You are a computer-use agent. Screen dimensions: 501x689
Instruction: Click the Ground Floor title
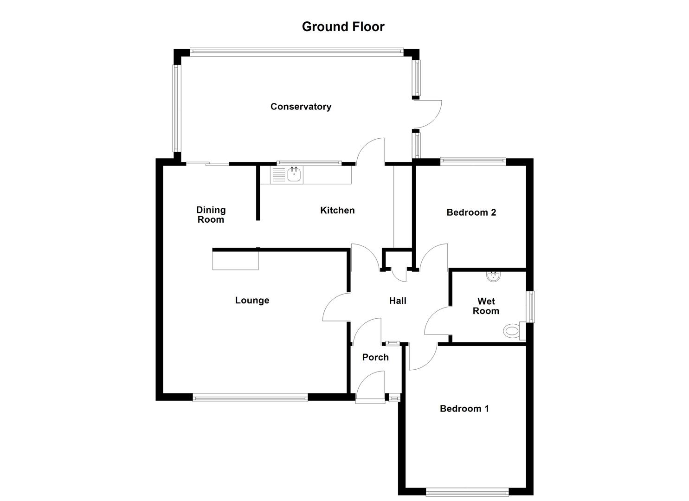coord(343,26)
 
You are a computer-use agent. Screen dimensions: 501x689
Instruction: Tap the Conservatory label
coord(301,107)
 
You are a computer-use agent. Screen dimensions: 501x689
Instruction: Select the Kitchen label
coord(337,210)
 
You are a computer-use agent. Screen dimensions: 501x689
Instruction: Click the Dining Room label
coord(211,215)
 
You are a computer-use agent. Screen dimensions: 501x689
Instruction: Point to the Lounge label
coord(252,300)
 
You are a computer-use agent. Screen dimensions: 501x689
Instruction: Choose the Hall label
coord(398,301)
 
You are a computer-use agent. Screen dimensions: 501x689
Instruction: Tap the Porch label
coord(375,357)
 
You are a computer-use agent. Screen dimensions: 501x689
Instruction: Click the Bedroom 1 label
coord(464,409)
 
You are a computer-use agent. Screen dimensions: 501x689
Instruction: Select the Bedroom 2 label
coord(471,212)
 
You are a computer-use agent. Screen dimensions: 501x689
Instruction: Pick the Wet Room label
coord(486,306)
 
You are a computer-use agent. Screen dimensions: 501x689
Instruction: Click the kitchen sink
coord(294,175)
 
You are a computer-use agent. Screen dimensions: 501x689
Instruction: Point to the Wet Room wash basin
coord(493,277)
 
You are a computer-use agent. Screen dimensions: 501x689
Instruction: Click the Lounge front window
coord(250,397)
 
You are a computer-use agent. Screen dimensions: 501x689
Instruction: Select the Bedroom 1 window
coord(467,491)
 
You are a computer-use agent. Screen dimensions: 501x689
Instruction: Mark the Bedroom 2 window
coord(473,161)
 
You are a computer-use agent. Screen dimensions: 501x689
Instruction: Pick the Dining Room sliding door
coord(207,163)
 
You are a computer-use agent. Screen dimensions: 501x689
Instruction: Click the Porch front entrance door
coord(371,387)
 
